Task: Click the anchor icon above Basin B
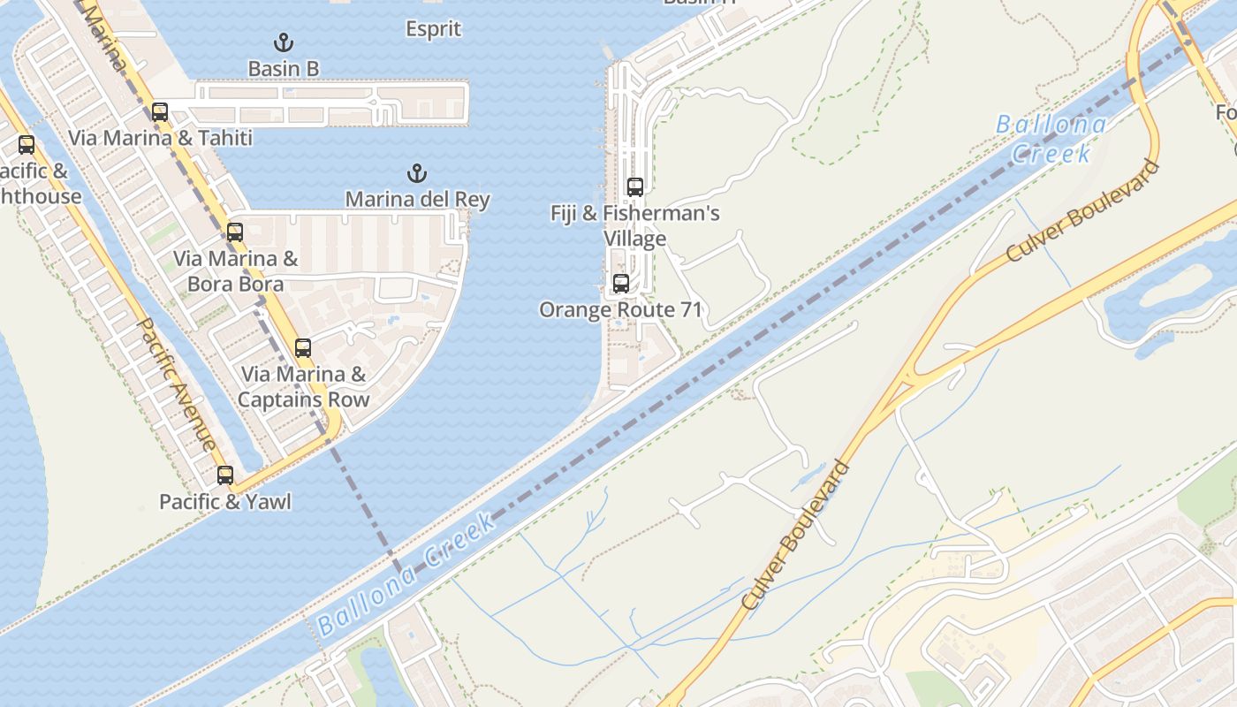pos(283,42)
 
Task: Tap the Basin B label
pos(283,68)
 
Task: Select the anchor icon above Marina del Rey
pos(416,172)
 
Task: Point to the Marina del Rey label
pos(417,199)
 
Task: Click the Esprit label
pos(433,29)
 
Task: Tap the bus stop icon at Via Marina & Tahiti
pos(160,112)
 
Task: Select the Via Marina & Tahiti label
pos(160,138)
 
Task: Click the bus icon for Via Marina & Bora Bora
pos(234,232)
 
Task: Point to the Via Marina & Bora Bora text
pos(235,271)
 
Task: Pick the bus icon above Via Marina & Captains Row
pos(303,348)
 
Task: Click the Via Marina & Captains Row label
pos(303,386)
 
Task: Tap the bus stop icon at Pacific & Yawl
pos(225,475)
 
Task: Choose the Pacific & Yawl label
pos(225,502)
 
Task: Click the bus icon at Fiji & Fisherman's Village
pos(634,186)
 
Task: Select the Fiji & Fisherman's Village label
pos(634,225)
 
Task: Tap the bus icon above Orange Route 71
pos(621,284)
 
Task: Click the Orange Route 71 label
pos(621,309)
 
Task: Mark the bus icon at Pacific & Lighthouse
pos(27,145)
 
